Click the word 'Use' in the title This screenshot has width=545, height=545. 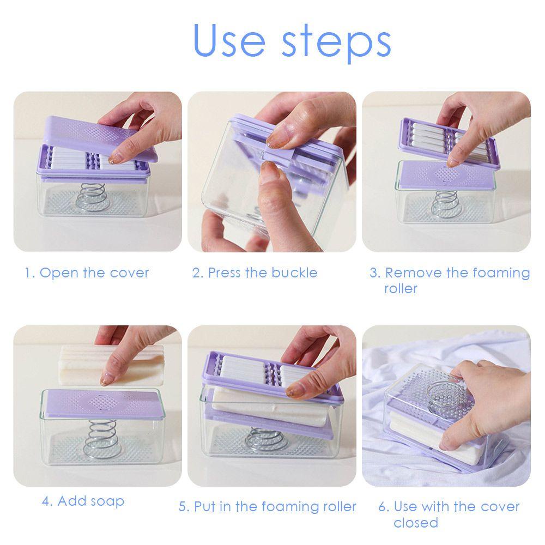point(229,40)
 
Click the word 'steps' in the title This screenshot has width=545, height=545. point(336,43)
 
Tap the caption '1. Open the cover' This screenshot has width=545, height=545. point(87,273)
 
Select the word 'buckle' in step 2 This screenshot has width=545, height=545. point(294,273)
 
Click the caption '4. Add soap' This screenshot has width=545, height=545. point(83,501)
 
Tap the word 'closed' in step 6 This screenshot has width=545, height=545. point(416,523)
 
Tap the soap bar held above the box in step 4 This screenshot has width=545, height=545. point(112,365)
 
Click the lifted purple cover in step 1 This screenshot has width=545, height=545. point(101,139)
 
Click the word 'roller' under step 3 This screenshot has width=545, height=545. point(401,288)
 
